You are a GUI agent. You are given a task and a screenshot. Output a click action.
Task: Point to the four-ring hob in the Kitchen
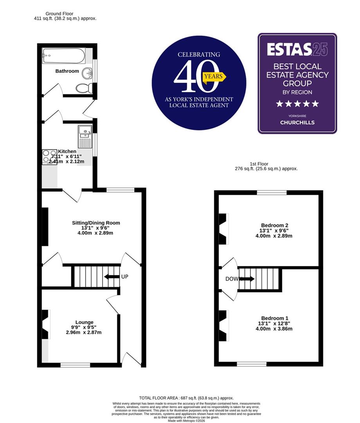(50, 157)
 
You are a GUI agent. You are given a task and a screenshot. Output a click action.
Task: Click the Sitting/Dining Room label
(96, 223)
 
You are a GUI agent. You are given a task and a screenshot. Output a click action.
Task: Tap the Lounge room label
(84, 322)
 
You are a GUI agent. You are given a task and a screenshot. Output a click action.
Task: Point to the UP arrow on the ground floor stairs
(112, 277)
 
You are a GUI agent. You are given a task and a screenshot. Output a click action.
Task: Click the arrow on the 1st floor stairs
(247, 279)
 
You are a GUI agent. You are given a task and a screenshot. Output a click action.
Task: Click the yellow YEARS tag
(214, 77)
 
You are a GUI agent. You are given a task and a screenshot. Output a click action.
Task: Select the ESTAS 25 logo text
(297, 50)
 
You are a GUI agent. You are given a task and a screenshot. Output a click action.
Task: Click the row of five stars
(297, 104)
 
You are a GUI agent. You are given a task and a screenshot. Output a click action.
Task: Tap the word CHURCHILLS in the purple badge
(297, 122)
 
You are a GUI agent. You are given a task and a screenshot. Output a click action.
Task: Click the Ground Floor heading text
(59, 14)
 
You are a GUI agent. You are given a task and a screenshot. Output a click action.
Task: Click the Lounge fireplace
(46, 324)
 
